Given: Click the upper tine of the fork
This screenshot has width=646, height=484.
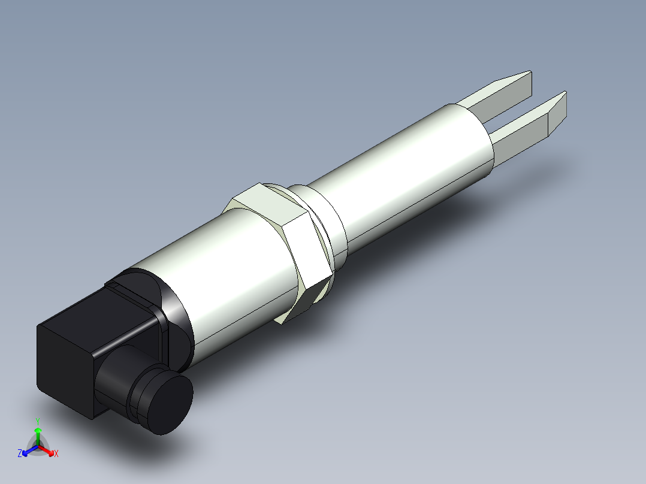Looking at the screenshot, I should point(497,96).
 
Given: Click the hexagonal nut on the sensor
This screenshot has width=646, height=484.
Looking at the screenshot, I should point(282,240).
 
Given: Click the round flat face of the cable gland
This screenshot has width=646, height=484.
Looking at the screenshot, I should point(173,405).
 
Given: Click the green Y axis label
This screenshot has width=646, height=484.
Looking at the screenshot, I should point(37,421).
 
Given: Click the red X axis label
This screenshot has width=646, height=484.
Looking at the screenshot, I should point(56,453).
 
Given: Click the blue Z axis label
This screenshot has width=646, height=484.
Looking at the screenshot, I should point(20,453).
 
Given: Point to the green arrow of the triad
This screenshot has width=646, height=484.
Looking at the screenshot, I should point(38,434).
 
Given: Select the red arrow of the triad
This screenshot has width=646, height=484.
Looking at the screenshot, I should point(48,449).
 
